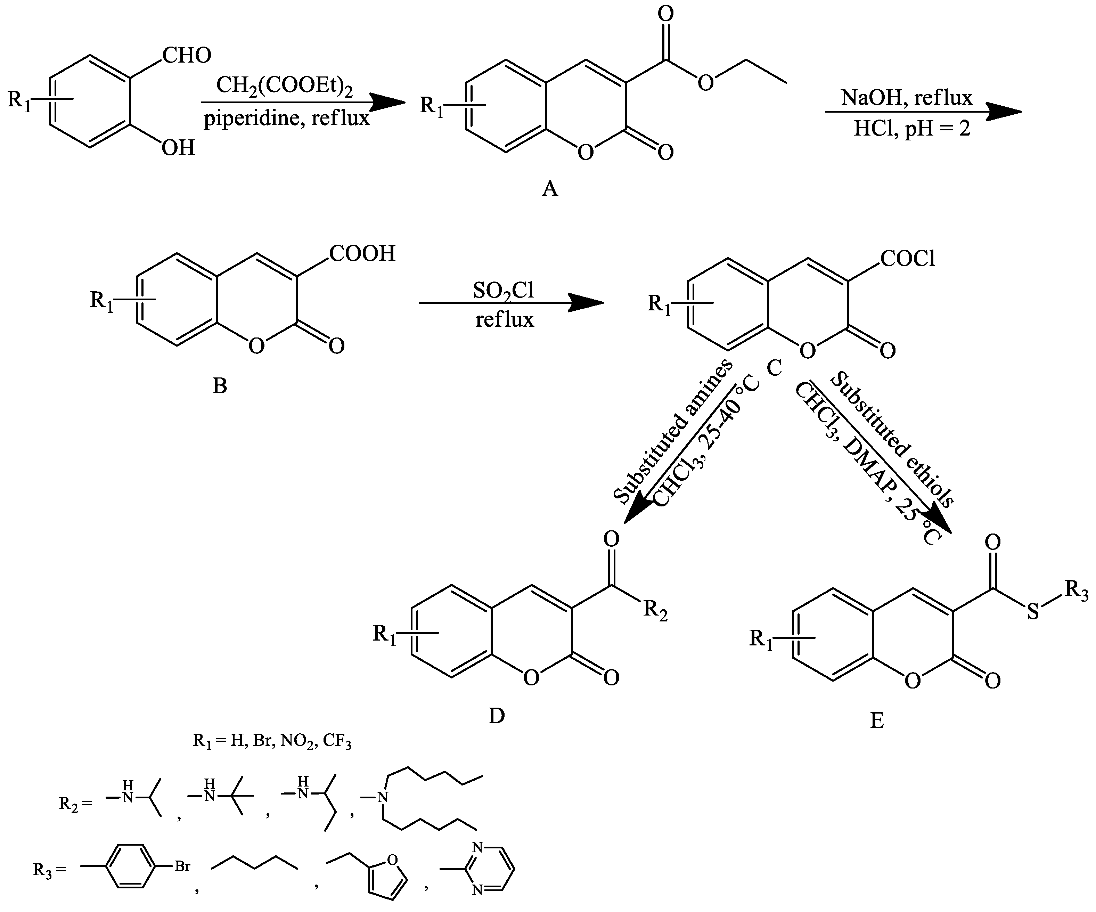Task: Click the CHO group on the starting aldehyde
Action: click(x=186, y=55)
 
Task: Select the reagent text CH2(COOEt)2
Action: click(x=285, y=86)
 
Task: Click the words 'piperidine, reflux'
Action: click(x=287, y=119)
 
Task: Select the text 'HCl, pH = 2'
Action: click(x=912, y=128)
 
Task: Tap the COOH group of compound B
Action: click(x=362, y=254)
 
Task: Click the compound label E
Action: click(x=877, y=721)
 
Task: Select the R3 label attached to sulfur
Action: click(x=1077, y=590)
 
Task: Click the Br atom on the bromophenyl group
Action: click(x=182, y=866)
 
